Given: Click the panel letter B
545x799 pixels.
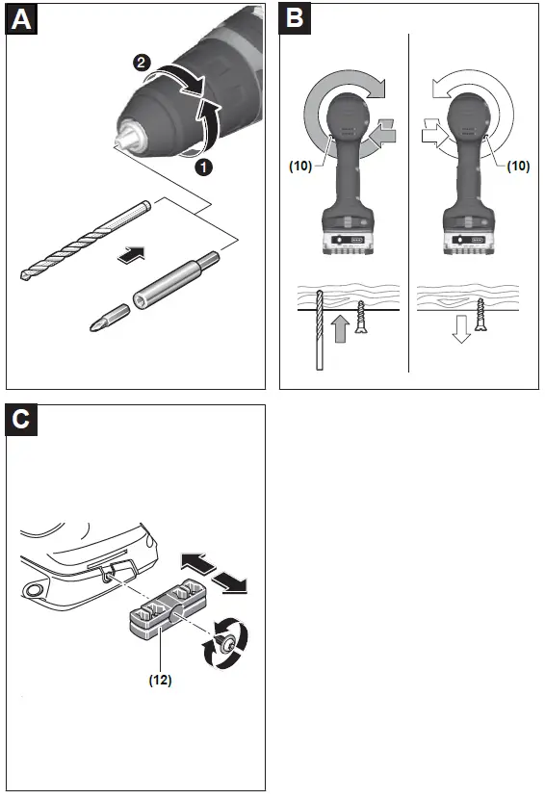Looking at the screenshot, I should click(297, 19).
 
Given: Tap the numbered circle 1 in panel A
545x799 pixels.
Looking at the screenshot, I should click(204, 166).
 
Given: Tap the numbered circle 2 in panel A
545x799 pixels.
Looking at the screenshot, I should click(142, 64).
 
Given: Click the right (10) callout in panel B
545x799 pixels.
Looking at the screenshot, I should click(518, 165).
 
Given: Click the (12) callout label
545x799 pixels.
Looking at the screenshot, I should click(160, 679).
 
